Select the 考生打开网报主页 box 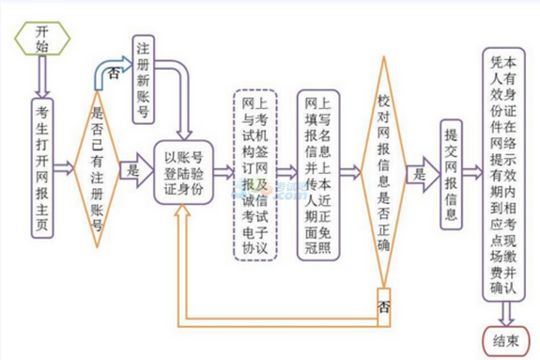pos(42,165)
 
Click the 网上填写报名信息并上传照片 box pos(319,172)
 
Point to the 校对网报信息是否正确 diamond pos(382,171)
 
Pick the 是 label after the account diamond pos(132,171)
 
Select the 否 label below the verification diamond pos(383,306)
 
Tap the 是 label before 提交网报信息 pos(420,173)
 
